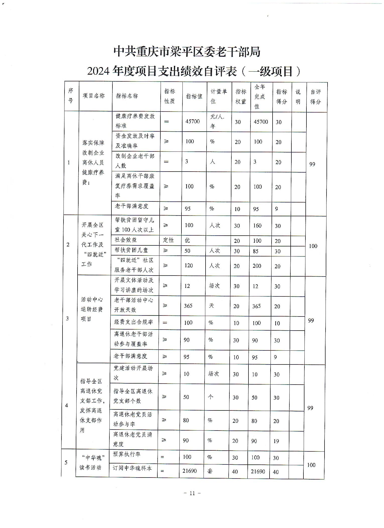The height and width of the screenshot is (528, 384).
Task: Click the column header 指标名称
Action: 127,96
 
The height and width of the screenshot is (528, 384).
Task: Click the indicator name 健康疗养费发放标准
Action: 135,121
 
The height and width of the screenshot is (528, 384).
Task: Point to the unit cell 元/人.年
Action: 217,121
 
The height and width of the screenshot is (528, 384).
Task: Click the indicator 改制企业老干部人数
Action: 135,161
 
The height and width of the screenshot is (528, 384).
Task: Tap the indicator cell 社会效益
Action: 126,240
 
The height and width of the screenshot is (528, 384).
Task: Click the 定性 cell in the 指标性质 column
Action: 168,240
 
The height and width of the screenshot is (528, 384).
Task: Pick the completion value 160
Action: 257,225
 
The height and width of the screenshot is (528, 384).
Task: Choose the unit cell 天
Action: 211,306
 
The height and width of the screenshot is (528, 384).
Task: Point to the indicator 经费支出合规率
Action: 134,322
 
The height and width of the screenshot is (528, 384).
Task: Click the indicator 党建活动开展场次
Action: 133,373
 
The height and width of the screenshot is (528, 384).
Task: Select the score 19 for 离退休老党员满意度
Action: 276,441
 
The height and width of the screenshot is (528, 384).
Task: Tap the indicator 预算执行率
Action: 127,454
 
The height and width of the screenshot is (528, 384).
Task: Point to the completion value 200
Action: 257,266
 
